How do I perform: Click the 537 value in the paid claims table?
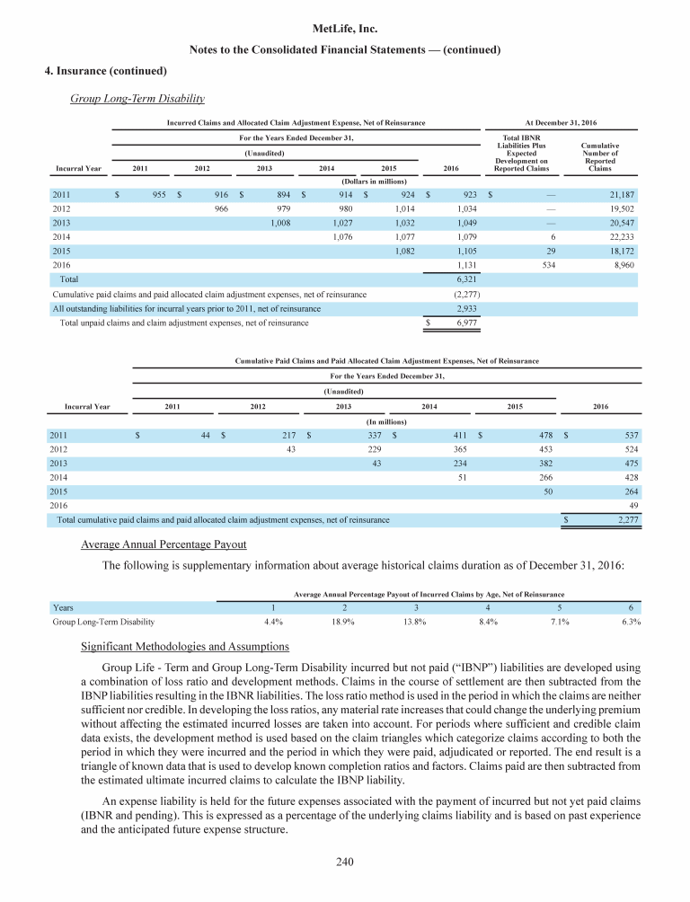click(629, 436)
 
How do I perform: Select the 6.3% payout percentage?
click(630, 621)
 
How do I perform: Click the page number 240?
click(344, 863)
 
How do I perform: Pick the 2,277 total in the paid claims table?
click(625, 519)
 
